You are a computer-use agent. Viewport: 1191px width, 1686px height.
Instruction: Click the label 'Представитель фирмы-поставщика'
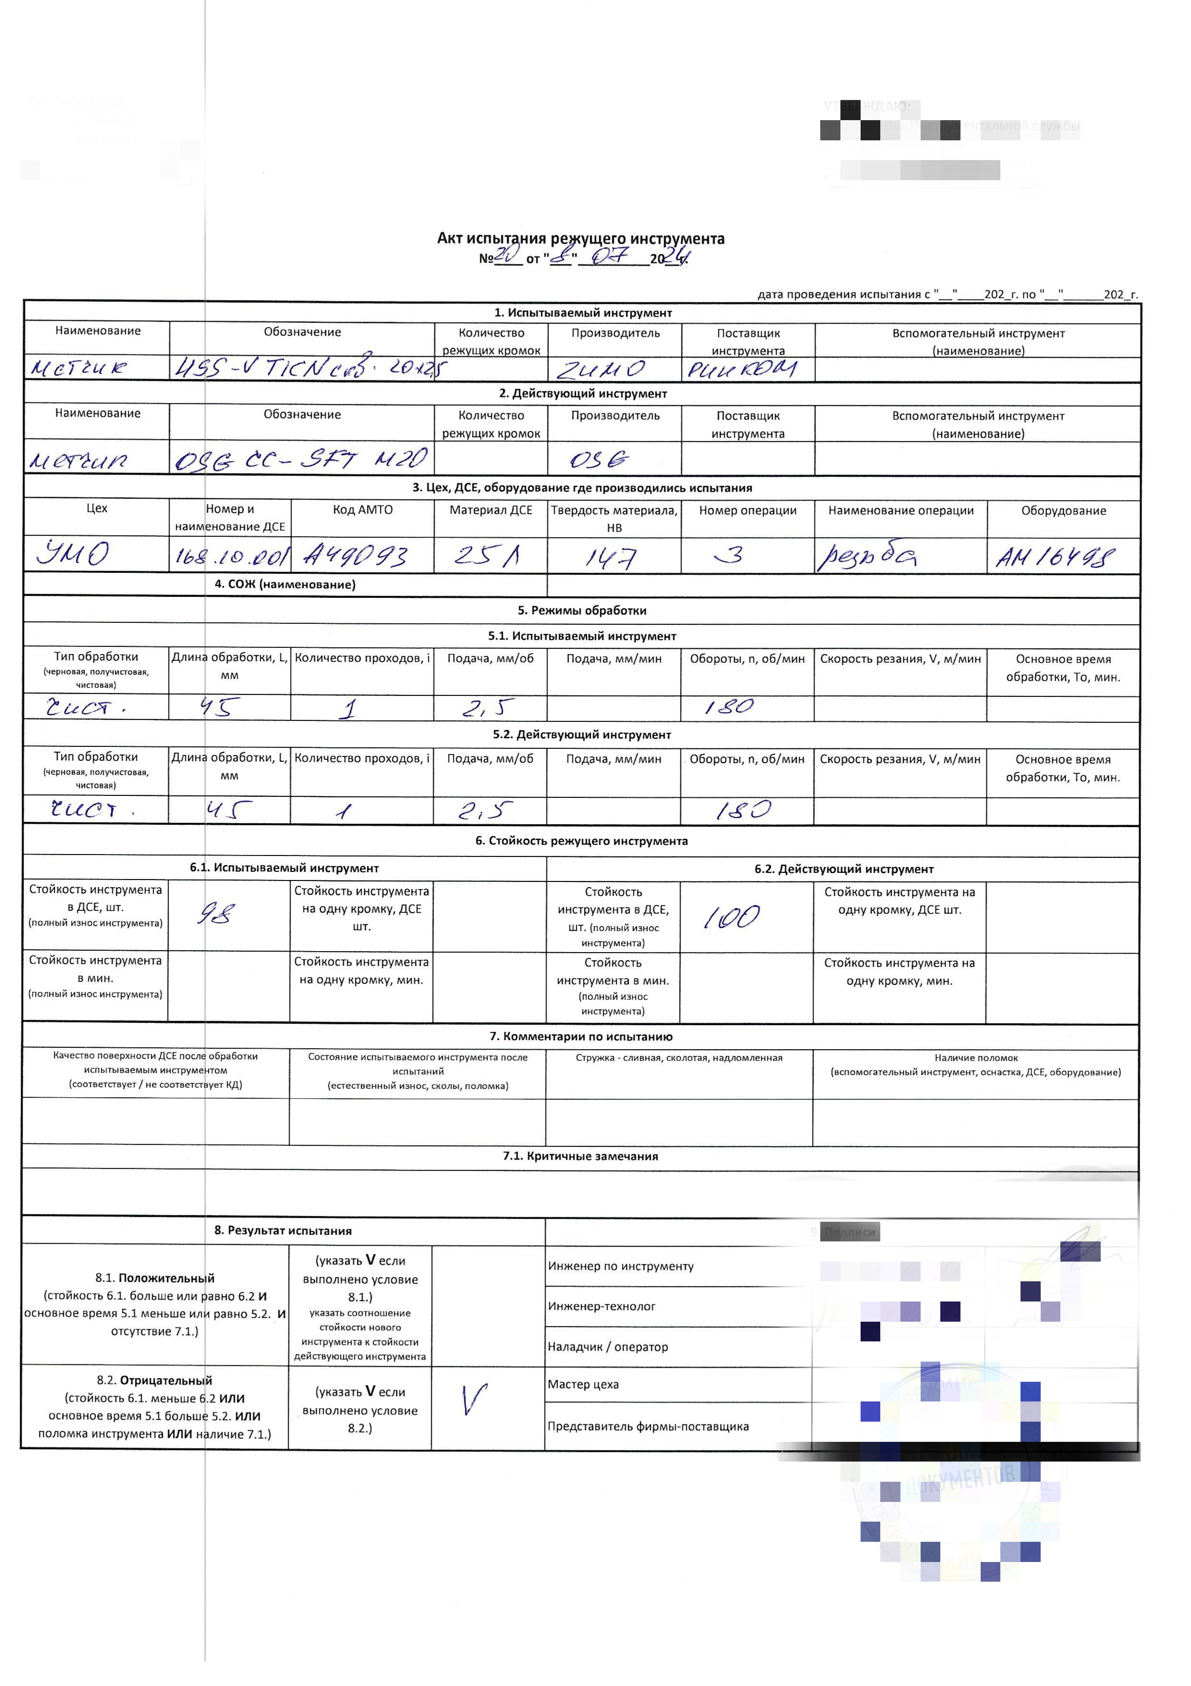(648, 1426)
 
